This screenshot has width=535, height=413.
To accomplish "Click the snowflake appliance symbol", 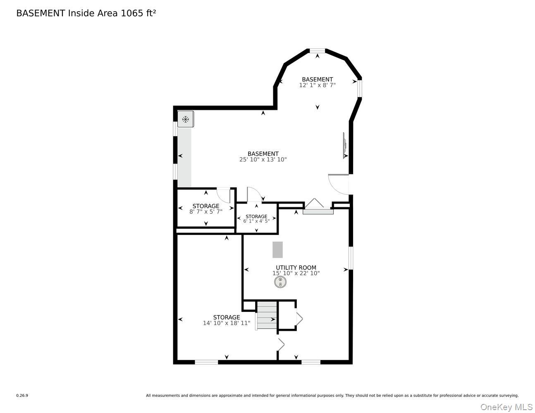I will (186, 119).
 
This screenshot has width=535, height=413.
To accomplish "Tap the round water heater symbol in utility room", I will (280, 282).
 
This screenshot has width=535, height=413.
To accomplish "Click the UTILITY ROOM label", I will (296, 268).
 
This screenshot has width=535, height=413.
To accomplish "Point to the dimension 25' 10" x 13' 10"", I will (263, 159).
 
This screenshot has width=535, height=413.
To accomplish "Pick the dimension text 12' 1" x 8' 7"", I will (317, 85).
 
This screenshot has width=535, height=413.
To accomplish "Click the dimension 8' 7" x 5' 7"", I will (206, 211).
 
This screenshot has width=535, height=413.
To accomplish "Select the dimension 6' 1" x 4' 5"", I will (256, 221).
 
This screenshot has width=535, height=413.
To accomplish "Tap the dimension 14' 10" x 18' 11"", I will (227, 323).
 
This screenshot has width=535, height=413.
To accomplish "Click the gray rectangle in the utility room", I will (277, 250).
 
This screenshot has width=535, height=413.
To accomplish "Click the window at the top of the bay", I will (317, 51).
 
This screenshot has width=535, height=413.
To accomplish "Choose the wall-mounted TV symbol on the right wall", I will (344, 145).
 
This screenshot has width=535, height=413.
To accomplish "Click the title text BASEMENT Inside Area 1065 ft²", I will (86, 13).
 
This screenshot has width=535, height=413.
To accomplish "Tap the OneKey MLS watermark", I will (506, 407).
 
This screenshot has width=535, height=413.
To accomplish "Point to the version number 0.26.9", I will (22, 396).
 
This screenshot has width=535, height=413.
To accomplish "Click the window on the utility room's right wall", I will (351, 258).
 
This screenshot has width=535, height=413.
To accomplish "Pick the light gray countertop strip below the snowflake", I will (184, 157).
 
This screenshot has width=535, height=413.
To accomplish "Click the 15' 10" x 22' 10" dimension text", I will (296, 273).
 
